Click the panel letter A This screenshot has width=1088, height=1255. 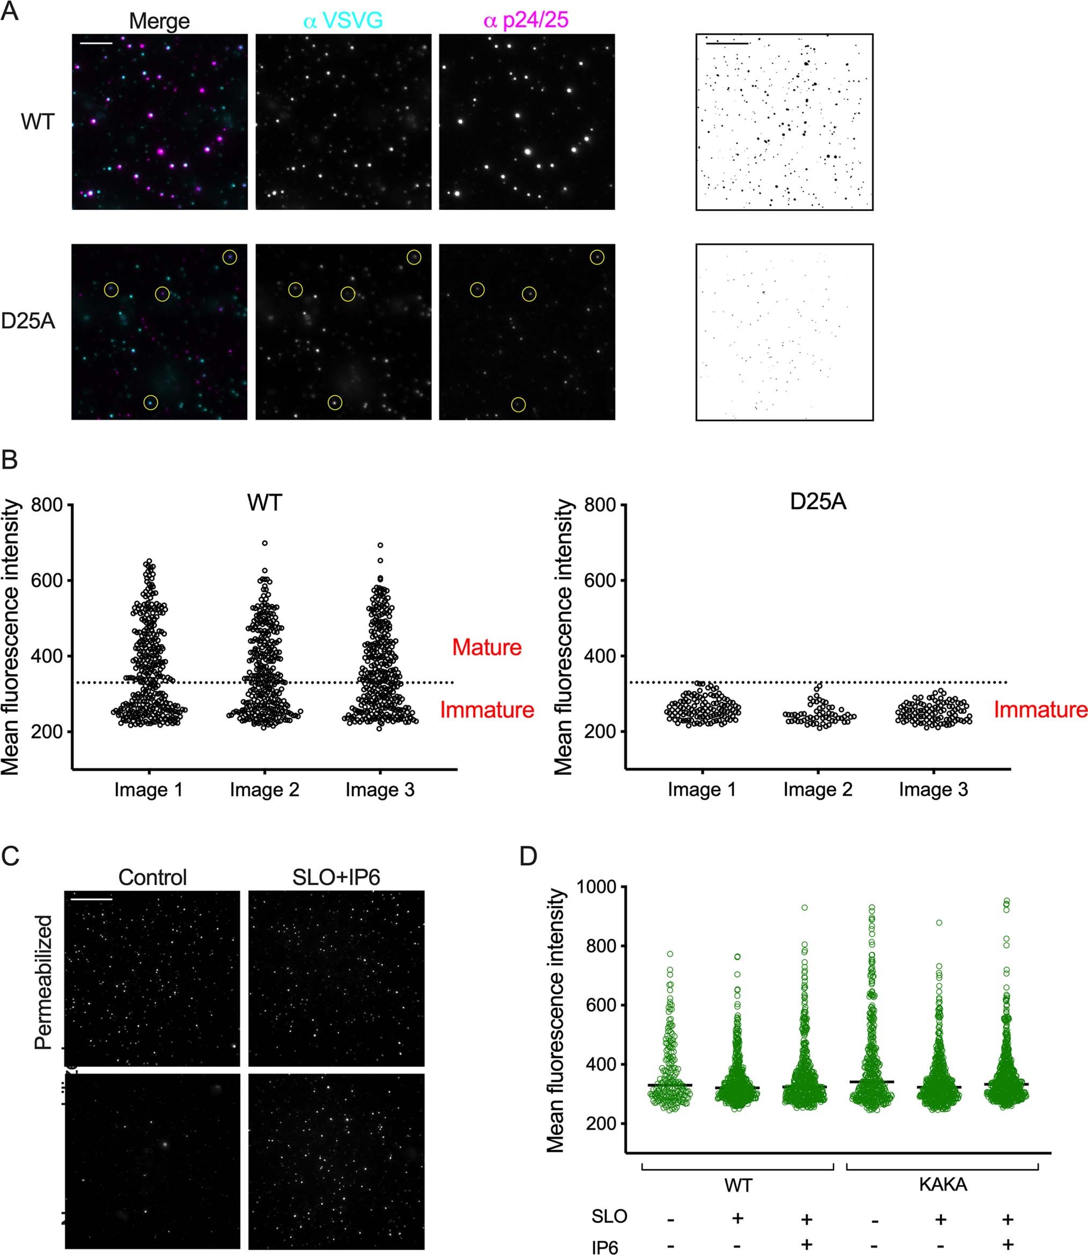click(x=10, y=12)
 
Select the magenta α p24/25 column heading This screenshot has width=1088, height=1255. click(x=526, y=20)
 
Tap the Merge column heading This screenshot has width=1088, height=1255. click(x=159, y=21)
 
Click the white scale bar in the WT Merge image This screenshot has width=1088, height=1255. click(x=96, y=43)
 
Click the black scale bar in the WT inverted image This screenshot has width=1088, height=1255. click(x=727, y=43)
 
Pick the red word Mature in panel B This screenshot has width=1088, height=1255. click(x=486, y=647)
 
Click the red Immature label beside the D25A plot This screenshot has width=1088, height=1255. click(x=1040, y=710)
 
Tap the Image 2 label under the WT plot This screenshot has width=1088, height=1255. click(x=264, y=790)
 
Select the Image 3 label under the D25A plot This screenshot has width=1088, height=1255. click(x=933, y=790)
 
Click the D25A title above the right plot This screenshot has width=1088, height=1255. click(x=818, y=503)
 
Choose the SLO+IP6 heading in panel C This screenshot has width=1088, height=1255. click(x=336, y=877)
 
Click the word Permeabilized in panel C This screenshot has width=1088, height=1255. click(x=43, y=982)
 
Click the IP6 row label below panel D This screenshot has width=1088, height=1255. click(x=605, y=1247)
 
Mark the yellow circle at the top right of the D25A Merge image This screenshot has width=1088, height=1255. click(x=230, y=258)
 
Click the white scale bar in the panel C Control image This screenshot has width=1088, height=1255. click(x=92, y=899)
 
